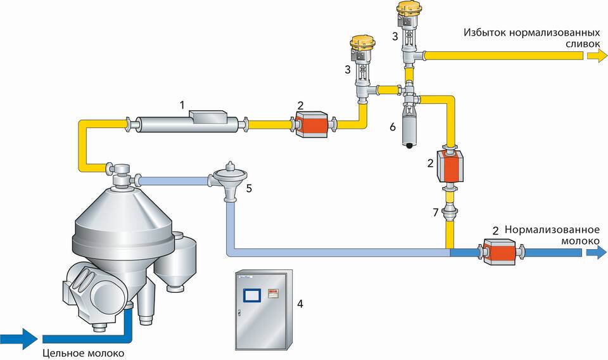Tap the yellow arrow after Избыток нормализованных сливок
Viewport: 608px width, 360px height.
tap(597, 56)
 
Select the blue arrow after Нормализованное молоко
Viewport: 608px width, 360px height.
tap(597, 252)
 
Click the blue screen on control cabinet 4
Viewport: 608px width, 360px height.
tap(251, 295)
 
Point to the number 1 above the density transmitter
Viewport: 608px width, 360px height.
tap(182, 105)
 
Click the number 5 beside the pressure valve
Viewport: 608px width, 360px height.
tap(249, 188)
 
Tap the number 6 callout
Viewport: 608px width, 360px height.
tap(393, 127)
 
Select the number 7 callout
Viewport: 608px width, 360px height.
tap(436, 212)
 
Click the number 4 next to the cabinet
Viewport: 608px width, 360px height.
tap(300, 303)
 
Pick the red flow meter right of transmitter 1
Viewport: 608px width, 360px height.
tap(312, 124)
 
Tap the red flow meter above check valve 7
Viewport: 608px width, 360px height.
tap(450, 165)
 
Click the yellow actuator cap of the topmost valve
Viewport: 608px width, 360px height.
tap(406, 8)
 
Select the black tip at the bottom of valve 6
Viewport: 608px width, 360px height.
tap(408, 146)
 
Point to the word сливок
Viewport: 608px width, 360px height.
tap(582, 44)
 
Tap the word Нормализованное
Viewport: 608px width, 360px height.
tap(552, 229)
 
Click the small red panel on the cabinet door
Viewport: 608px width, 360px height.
tap(273, 293)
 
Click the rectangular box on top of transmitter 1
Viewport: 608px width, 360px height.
tap(208, 115)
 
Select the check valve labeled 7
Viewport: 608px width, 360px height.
tap(450, 212)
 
